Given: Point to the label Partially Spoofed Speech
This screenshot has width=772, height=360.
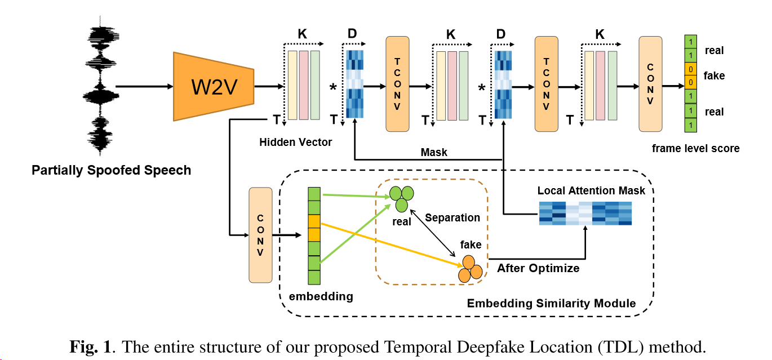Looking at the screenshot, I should (x=111, y=170).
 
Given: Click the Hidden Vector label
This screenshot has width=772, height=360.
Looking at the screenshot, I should (x=295, y=143).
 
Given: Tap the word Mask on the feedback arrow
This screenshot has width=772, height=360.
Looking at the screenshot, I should (x=434, y=152).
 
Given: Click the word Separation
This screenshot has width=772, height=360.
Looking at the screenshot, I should (x=452, y=217).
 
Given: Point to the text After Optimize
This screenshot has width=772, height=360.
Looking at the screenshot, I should (x=538, y=268).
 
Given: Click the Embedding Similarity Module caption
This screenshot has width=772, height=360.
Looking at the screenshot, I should (x=551, y=304).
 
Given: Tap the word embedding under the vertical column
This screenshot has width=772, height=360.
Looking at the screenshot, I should (x=321, y=296).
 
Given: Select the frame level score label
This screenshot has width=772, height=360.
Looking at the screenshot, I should (x=695, y=149).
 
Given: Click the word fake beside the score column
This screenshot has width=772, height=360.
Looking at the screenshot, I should (x=714, y=75).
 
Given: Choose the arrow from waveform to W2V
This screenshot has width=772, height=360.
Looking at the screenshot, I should (x=144, y=87).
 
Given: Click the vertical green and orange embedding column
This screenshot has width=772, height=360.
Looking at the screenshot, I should (x=314, y=235).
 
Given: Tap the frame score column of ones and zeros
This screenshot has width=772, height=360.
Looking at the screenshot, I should (x=690, y=83).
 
